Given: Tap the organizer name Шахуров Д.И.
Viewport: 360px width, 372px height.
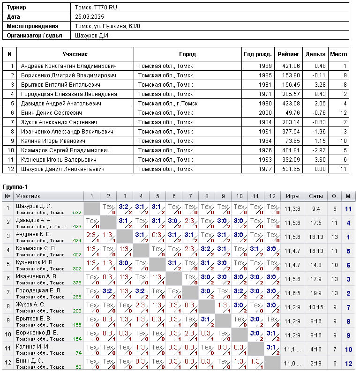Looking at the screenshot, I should click(x=92, y=35).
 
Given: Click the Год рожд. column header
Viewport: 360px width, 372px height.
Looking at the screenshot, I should click(x=258, y=54).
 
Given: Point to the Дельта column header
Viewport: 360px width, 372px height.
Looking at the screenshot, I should click(x=315, y=54).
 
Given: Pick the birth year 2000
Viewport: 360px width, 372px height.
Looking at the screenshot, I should click(x=265, y=113).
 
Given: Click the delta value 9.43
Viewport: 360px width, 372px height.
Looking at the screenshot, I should click(x=320, y=94).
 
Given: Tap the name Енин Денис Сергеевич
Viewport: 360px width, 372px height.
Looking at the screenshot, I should click(x=52, y=113).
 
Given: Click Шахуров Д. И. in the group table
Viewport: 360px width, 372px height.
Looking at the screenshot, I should click(x=34, y=206).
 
